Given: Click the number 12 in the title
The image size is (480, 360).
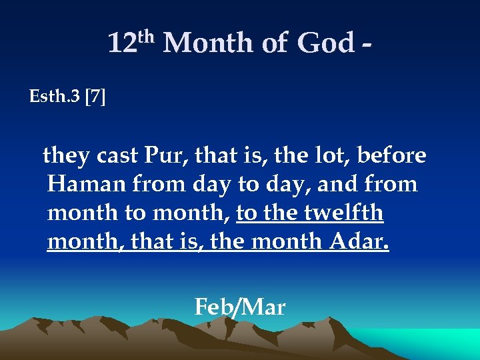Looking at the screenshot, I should click(x=122, y=44).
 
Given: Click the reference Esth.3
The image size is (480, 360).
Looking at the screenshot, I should click(x=55, y=97).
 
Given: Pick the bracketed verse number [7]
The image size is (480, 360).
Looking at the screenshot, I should click(x=95, y=97).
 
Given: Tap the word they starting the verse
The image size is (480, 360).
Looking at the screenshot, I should click(x=67, y=155).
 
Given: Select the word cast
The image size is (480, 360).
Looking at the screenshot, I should click(x=118, y=156).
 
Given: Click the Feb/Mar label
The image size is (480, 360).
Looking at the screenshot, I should click(x=240, y=307).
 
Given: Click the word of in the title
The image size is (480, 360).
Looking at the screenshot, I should click(x=275, y=44).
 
